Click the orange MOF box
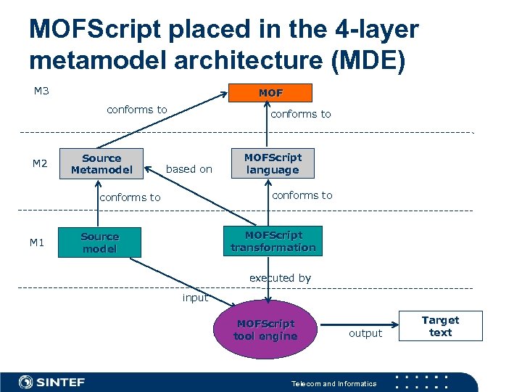tap(270, 93)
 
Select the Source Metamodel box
tap(101, 164)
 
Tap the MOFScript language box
tap(273, 163)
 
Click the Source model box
tap(99, 242)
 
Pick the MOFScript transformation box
tap(273, 241)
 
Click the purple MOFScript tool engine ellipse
tap(265, 330)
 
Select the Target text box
tap(440, 326)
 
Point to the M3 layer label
tap(43, 91)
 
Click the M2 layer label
tap(40, 164)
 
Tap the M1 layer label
tap(37, 242)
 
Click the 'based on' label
tap(189, 169)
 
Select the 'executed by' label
tap(280, 278)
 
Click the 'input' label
tap(195, 298)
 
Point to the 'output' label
tap(365, 333)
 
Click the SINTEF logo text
tap(61, 382)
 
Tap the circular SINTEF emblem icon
tap(25, 382)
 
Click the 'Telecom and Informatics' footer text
tap(333, 383)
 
